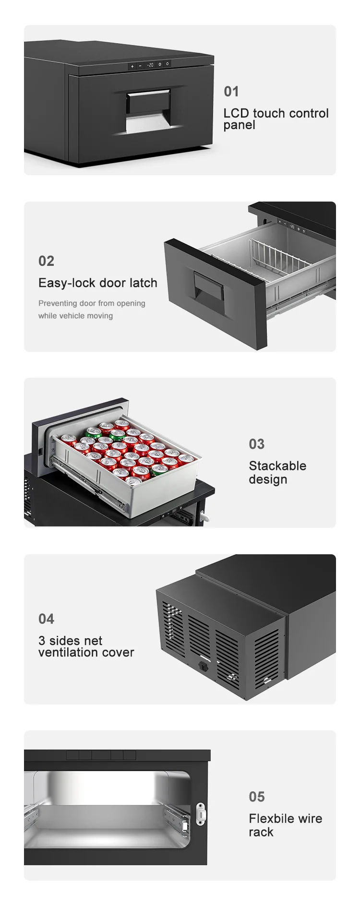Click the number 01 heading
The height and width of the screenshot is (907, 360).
coord(231,92)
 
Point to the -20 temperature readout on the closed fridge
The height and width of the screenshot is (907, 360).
coord(150,64)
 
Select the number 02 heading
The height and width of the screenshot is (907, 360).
coord(46,261)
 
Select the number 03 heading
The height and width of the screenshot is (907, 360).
coord(257,444)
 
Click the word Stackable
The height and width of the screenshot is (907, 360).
coord(277,466)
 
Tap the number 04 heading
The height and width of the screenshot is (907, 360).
coord(46,619)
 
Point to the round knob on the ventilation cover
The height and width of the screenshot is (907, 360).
coord(204,666)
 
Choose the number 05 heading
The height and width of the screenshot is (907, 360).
coord(257,797)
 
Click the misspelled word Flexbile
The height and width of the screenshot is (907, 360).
coord(271,819)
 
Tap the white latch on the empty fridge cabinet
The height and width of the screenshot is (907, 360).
coord(201,814)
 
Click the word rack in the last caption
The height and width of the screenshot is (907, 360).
coord(261,833)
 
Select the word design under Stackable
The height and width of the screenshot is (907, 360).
coord(268,480)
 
